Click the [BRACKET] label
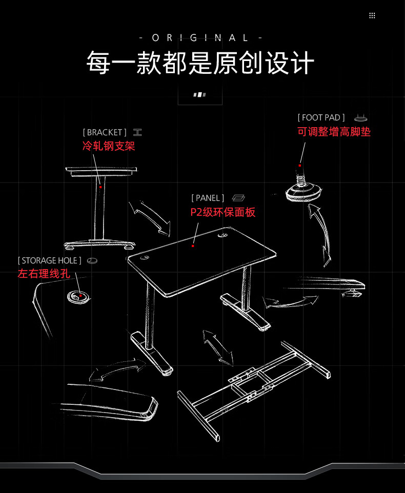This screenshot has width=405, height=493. pyautogui.click(x=105, y=132)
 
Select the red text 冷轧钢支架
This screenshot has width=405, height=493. pyautogui.click(x=109, y=146)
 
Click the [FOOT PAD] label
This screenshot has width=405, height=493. pyautogui.click(x=321, y=118)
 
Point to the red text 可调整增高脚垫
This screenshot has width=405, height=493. pyautogui.click(x=334, y=132)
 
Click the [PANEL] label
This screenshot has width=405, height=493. pyautogui.click(x=208, y=198)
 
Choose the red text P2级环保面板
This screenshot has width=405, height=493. pyautogui.click(x=222, y=212)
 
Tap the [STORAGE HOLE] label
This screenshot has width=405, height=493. pyautogui.click(x=49, y=261)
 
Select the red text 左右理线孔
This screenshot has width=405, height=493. pyautogui.click(x=44, y=274)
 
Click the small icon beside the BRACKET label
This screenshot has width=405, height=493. pyautogui.click(x=137, y=132)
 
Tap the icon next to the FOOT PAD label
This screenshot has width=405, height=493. pyautogui.click(x=361, y=118)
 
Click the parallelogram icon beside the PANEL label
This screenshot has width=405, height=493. pyautogui.click(x=239, y=198)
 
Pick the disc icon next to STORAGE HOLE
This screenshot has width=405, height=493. pyautogui.click(x=92, y=261)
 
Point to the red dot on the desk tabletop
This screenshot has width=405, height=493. pyautogui.click(x=193, y=246)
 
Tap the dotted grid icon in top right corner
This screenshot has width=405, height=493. pyautogui.click(x=372, y=15)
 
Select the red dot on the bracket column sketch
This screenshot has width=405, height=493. pyautogui.click(x=100, y=188)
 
